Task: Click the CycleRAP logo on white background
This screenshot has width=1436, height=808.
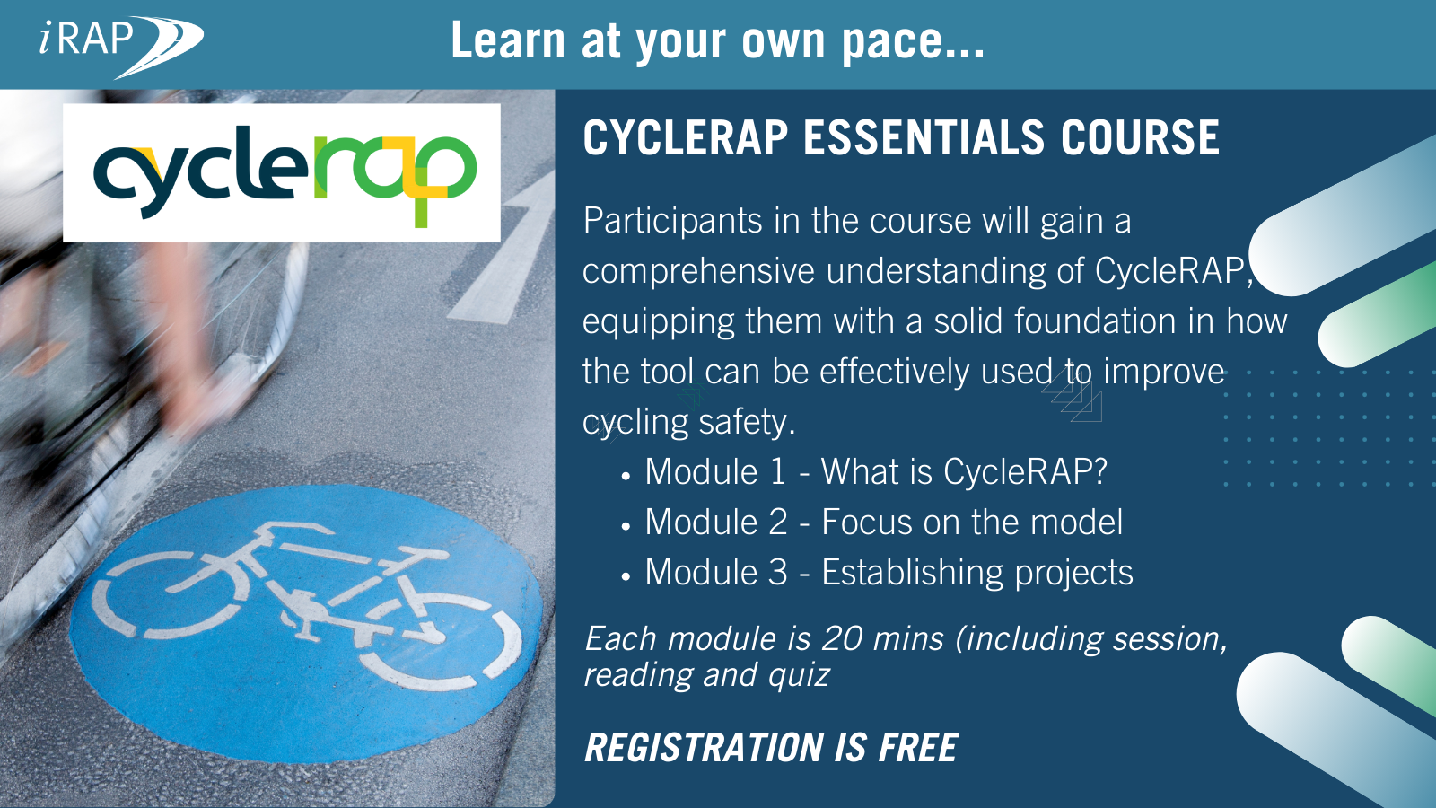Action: [282, 173]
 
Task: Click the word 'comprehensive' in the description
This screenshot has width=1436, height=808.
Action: [698, 271]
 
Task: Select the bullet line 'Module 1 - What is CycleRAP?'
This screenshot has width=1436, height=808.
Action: [875, 472]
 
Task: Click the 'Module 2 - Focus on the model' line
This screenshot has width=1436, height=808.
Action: [883, 523]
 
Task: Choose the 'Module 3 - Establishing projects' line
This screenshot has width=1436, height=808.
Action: [889, 573]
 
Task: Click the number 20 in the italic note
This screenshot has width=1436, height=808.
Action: [842, 639]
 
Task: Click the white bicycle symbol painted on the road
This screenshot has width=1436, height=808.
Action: [305, 602]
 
